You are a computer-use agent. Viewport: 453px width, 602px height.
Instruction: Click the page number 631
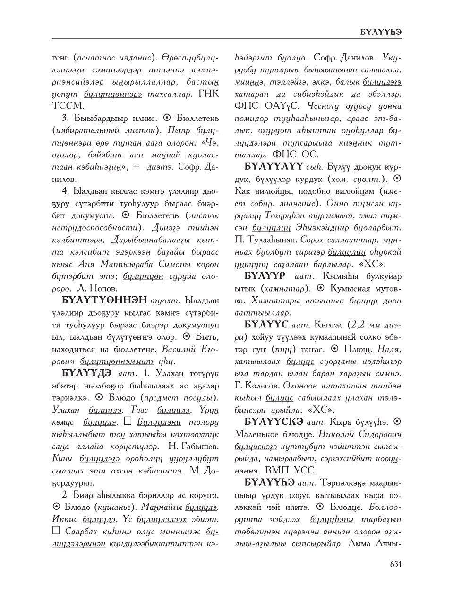point(395,563)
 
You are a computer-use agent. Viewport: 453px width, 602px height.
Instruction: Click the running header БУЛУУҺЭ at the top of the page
point(381,32)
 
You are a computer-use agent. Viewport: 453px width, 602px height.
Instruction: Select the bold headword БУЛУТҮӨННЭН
point(104,300)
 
